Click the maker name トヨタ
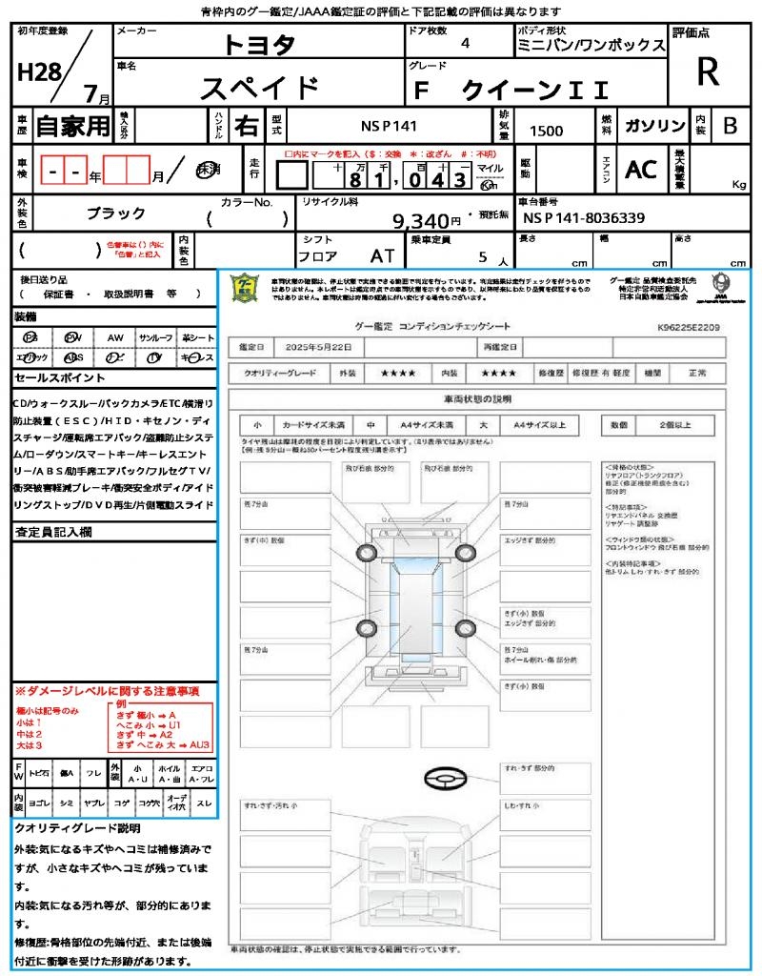[259, 44]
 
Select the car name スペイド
[259, 88]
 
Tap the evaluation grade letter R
[708, 71]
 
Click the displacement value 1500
[546, 131]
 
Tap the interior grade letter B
[730, 126]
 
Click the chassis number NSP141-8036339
[584, 217]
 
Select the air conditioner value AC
[641, 169]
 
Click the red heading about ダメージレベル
[107, 690]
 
